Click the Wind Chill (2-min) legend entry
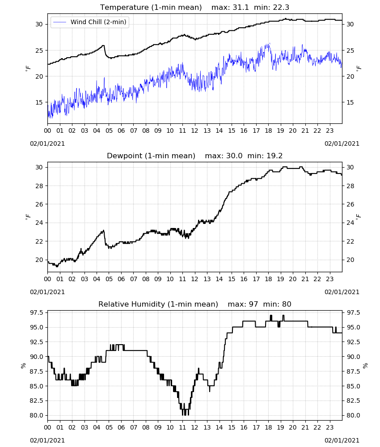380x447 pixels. click(90, 22)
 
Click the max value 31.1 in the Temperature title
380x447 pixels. click(241, 8)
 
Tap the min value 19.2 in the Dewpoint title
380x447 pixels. click(274, 156)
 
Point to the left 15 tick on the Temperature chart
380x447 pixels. click(39, 102)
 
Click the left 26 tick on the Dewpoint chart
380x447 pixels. click(39, 204)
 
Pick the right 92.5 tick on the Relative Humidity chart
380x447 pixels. click(353, 342)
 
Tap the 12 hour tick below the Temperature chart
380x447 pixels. click(195, 131)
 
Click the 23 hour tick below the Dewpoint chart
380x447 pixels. click(329, 279)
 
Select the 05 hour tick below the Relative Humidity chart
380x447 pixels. click(109, 428)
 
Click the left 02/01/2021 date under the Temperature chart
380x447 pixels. click(47, 143)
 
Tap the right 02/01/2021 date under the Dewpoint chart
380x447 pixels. click(342, 292)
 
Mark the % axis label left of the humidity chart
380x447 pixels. click(23, 366)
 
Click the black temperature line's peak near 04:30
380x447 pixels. click(103, 45)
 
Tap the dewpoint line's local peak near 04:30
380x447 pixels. click(103, 230)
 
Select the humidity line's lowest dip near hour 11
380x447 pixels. click(185, 415)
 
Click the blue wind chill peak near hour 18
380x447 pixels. click(269, 43)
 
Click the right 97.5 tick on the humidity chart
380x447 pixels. click(353, 313)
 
